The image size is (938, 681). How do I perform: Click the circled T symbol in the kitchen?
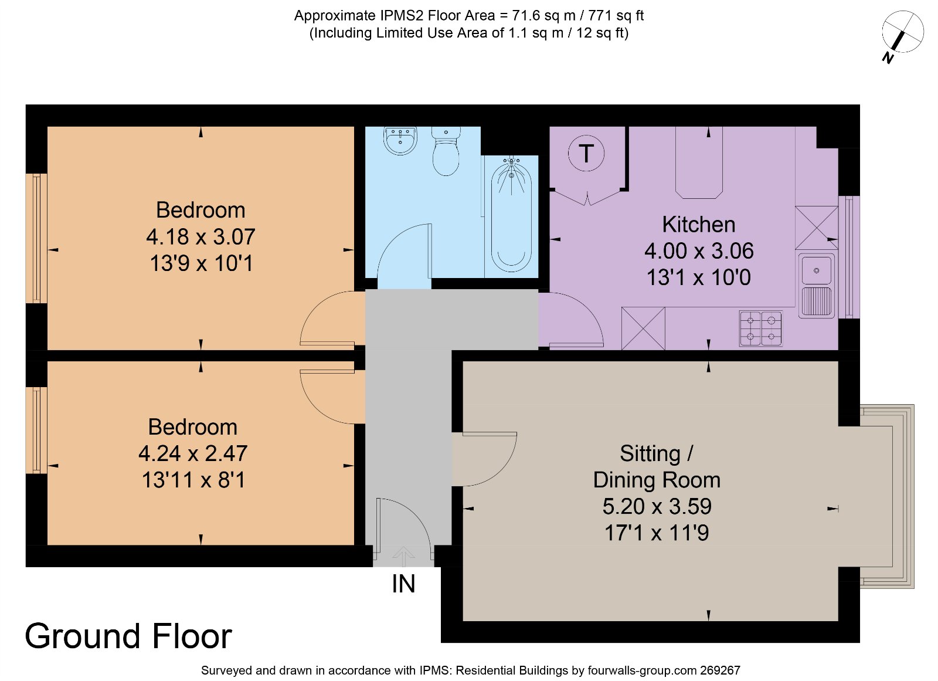pyautogui.click(x=586, y=153)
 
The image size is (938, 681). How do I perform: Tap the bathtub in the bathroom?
pyautogui.click(x=511, y=214)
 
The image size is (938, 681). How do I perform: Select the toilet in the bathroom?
pyautogui.click(x=446, y=151)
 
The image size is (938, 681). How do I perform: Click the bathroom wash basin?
pyautogui.click(x=400, y=140)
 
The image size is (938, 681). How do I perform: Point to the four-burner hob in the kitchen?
pyautogui.click(x=761, y=328)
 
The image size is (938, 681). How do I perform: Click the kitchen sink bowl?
pyautogui.click(x=816, y=270)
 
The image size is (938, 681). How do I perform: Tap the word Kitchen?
pyautogui.click(x=698, y=225)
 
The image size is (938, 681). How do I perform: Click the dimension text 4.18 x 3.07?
pyautogui.click(x=200, y=237)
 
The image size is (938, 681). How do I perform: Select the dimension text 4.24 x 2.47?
pyautogui.click(x=193, y=453)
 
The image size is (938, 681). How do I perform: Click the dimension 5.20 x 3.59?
pyautogui.click(x=657, y=506)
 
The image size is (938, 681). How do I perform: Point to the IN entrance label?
pyautogui.click(x=403, y=584)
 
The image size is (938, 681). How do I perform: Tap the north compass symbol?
pyautogui.click(x=902, y=35)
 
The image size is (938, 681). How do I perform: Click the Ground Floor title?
pyautogui.click(x=128, y=636)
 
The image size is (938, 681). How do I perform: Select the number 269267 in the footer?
pyautogui.click(x=721, y=670)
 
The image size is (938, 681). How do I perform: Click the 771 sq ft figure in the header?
pyautogui.click(x=616, y=16)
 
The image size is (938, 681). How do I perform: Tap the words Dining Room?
pyautogui.click(x=657, y=480)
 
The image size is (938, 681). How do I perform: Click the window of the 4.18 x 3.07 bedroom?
pyautogui.click(x=36, y=238)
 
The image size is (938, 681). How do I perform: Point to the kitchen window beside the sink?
pyautogui.click(x=849, y=258)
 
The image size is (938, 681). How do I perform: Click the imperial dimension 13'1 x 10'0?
pyautogui.click(x=698, y=277)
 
